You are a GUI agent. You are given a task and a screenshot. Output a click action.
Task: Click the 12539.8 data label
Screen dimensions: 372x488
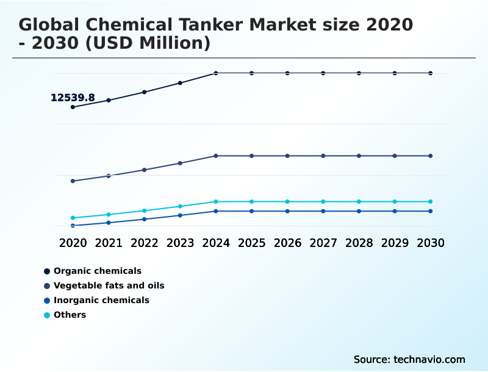73,98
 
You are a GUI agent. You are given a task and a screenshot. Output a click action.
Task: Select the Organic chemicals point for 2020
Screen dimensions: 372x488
73,107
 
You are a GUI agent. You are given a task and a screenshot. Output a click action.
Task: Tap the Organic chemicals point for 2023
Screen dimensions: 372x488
180,83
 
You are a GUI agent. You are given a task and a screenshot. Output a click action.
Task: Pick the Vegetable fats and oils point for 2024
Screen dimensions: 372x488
216,156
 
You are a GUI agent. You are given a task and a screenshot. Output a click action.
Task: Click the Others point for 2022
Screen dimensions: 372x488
145,211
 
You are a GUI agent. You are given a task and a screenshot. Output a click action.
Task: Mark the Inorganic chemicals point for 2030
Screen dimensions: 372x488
431,212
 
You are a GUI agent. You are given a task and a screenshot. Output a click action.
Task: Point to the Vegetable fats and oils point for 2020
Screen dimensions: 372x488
73,181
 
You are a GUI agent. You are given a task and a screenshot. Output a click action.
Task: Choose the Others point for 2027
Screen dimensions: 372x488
323,202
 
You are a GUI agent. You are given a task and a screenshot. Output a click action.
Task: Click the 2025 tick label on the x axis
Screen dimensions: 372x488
251,243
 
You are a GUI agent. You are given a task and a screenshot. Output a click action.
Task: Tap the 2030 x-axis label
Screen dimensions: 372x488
431,243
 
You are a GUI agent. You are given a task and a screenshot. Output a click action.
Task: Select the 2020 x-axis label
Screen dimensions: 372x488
73,243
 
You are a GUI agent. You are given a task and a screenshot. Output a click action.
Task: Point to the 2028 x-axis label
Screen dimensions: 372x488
359,243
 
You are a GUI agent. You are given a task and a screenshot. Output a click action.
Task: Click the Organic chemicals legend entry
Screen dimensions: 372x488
97,271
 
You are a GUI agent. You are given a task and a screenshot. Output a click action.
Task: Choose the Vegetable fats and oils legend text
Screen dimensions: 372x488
109,286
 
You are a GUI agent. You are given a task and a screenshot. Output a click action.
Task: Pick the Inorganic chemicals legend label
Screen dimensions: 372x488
101,301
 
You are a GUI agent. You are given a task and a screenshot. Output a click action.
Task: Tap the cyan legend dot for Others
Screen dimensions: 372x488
47,315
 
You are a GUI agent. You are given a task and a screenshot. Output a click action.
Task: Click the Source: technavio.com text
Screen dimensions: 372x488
409,360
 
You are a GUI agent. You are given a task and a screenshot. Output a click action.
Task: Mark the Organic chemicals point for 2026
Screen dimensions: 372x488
287,73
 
